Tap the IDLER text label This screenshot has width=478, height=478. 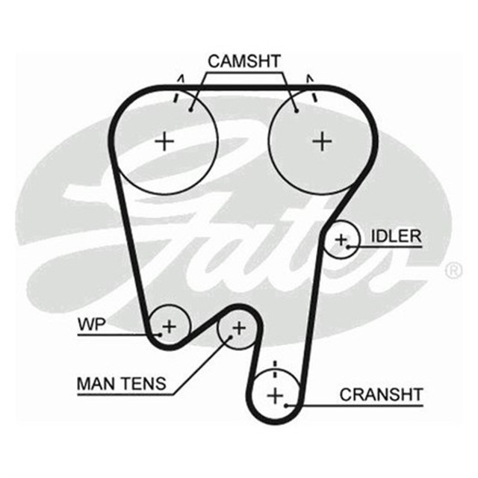(x=396, y=237)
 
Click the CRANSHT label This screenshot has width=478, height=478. (x=381, y=394)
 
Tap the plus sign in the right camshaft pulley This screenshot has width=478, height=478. (x=321, y=140)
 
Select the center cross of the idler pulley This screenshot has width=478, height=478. (x=341, y=240)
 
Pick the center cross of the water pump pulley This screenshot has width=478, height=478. (x=170, y=326)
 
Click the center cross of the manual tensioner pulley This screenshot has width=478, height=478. (x=238, y=327)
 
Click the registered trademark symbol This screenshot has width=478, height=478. (x=453, y=271)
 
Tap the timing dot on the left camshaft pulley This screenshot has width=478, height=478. (x=192, y=109)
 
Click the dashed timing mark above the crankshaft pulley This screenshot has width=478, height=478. (x=275, y=368)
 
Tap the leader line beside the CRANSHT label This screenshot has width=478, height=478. (x=329, y=405)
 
